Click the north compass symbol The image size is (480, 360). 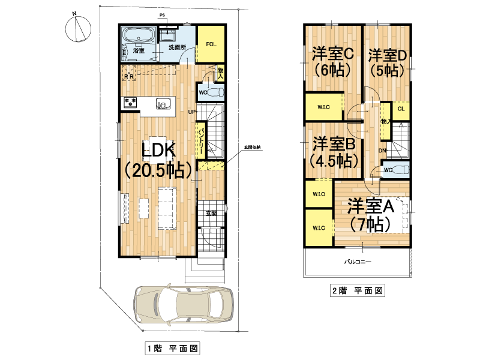(x=78, y=28)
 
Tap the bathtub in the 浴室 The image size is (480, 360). (x=139, y=35)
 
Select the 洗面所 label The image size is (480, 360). (x=177, y=47)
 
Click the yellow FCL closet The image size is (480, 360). (x=211, y=44)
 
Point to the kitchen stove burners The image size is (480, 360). (x=131, y=102)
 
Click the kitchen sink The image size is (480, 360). (x=161, y=104)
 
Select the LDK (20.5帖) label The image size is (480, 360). (x=158, y=160)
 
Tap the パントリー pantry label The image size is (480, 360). (x=202, y=141)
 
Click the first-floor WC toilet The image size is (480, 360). (x=215, y=92)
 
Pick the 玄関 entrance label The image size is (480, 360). (x=211, y=213)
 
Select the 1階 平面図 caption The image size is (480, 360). (x=172, y=349)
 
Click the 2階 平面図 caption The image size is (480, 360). (x=358, y=290)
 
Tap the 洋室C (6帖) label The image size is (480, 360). (x=333, y=62)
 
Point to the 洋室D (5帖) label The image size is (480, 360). (x=387, y=63)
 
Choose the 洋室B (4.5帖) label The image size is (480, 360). (x=334, y=152)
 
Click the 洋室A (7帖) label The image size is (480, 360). (x=370, y=215)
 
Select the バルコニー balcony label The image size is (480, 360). (x=357, y=262)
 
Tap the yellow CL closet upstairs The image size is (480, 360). (x=401, y=109)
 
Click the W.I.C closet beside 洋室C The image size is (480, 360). (x=323, y=107)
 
